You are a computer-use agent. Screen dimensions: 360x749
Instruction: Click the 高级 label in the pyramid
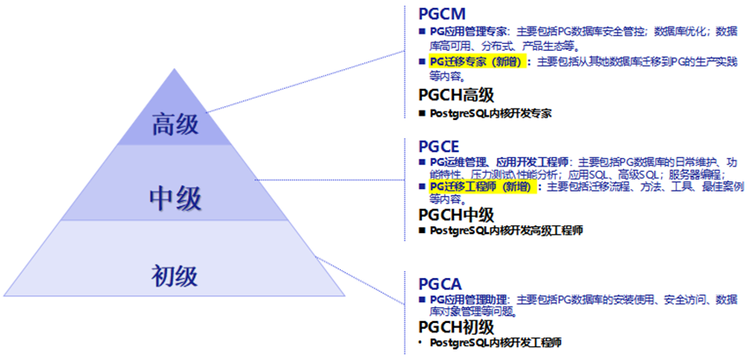click(176, 124)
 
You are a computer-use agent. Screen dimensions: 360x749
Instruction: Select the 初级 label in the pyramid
click(175, 276)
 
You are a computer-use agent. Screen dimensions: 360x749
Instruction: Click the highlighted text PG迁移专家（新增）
click(476, 62)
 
